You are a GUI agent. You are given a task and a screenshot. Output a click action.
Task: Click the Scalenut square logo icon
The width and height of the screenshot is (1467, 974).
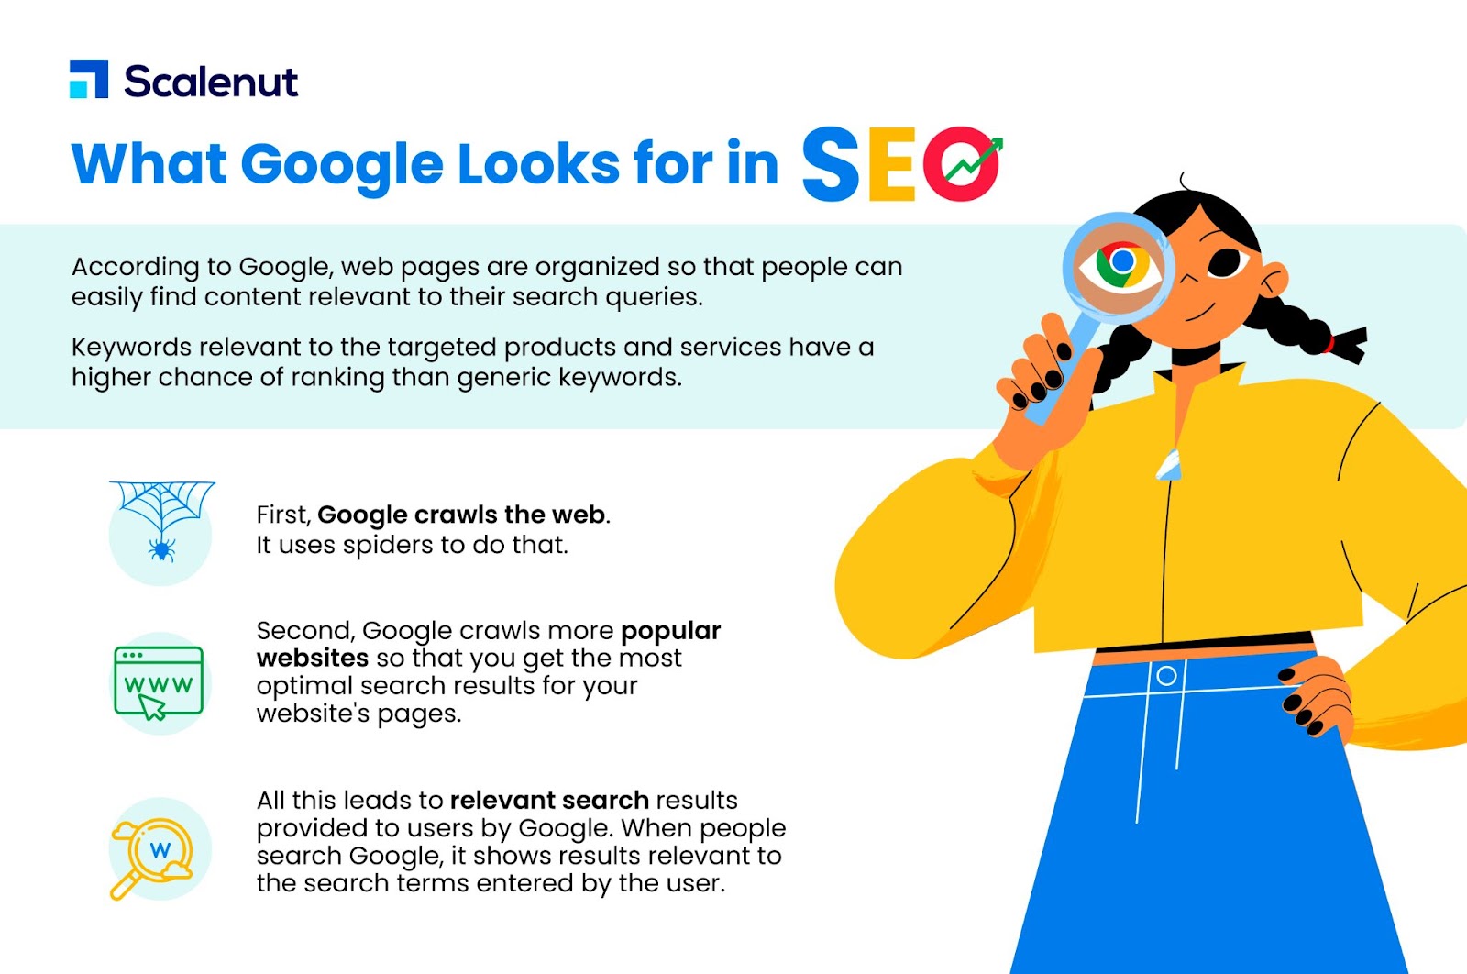(x=88, y=79)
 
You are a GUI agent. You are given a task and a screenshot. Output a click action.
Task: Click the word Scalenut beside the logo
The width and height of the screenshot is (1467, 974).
(x=211, y=82)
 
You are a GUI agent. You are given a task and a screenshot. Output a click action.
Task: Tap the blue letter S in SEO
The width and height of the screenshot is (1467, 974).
(x=830, y=163)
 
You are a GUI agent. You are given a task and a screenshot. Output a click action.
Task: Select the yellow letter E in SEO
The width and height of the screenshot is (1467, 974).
(x=891, y=164)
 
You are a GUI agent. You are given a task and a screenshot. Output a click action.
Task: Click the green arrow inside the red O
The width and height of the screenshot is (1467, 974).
(x=974, y=160)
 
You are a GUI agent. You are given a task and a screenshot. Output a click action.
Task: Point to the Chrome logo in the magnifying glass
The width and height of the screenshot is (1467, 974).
(x=1122, y=262)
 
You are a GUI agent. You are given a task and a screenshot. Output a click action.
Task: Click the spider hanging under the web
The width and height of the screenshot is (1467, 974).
(x=161, y=548)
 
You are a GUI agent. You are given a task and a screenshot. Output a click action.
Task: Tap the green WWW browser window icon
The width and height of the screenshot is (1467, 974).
(x=159, y=682)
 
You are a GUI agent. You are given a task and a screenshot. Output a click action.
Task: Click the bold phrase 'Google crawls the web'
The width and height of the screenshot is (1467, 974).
(x=461, y=515)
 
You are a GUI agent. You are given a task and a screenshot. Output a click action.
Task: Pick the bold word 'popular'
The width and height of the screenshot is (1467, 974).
(x=670, y=630)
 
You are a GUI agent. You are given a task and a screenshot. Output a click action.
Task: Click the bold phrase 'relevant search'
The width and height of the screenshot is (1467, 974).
(x=549, y=801)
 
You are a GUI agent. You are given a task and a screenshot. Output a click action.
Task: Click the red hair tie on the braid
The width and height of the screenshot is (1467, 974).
(x=1329, y=344)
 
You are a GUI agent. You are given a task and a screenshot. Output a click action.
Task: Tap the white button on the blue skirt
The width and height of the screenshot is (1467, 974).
(x=1166, y=675)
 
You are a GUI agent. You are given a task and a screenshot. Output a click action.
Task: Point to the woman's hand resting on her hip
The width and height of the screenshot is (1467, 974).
(x=1314, y=700)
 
